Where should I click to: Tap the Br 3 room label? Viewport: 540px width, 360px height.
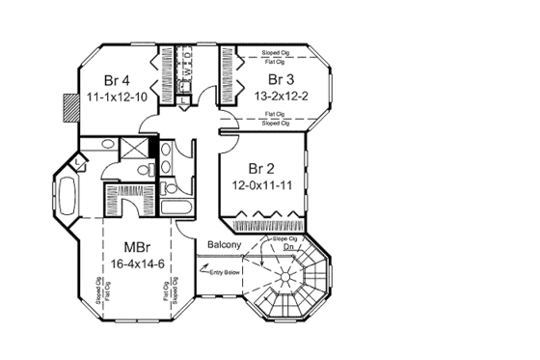281,78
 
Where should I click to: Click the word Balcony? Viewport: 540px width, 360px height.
223,244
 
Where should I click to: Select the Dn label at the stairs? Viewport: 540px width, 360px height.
287,247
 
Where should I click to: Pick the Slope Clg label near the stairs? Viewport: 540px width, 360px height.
285,236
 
